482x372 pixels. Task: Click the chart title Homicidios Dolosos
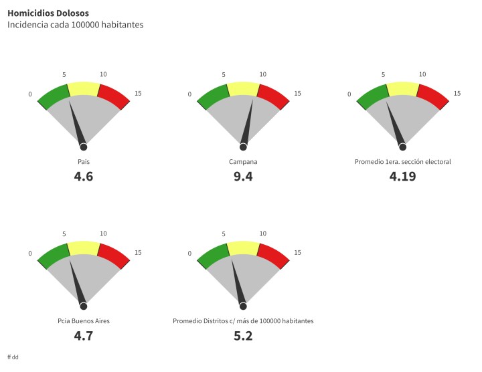click(48, 13)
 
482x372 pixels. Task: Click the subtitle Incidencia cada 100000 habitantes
click(75, 25)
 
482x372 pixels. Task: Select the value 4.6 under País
click(84, 177)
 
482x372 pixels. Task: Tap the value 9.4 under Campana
click(243, 177)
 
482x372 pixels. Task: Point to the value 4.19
click(402, 177)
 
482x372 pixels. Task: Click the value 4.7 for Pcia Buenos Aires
click(84, 336)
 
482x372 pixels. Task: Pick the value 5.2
click(243, 336)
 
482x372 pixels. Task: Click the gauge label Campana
click(243, 162)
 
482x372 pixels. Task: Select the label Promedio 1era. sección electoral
click(402, 162)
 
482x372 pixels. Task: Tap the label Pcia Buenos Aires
click(84, 321)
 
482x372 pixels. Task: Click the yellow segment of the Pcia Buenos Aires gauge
click(84, 248)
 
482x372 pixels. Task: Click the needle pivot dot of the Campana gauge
click(243, 147)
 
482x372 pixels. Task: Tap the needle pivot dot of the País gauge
click(84, 147)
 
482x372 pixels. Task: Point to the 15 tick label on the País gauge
click(138, 94)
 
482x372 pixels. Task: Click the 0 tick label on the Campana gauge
click(189, 94)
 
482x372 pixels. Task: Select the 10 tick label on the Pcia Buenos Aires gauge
click(103, 234)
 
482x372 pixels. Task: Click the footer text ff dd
click(13, 357)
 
